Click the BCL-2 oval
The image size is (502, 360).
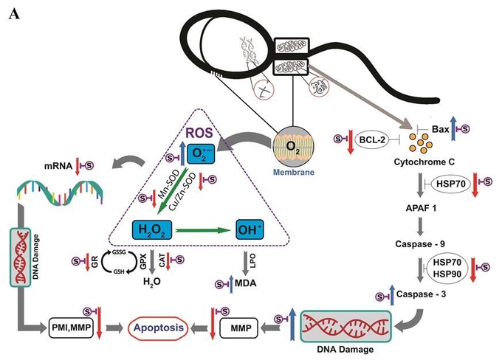tap(372, 139)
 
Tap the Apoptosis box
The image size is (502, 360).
tap(158, 328)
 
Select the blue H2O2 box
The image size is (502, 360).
tap(152, 229)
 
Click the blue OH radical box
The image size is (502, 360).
tap(250, 229)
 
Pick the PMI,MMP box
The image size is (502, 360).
tap(71, 328)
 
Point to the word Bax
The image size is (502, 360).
tap(441, 129)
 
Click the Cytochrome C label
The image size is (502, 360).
tap(424, 162)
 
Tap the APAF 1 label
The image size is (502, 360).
tap(421, 208)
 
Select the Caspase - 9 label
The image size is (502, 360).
tap(420, 244)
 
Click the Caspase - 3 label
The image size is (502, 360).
tap(421, 294)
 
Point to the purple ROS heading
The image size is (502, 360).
tap(199, 133)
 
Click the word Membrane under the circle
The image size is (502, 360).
tap(294, 172)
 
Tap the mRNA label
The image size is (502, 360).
tap(58, 166)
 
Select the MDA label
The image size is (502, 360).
tap(246, 283)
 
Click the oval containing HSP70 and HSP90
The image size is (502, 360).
tap(447, 269)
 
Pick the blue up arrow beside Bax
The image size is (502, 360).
tap(453, 128)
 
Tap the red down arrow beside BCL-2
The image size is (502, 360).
tap(350, 142)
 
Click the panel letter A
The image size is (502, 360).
tap(15, 14)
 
